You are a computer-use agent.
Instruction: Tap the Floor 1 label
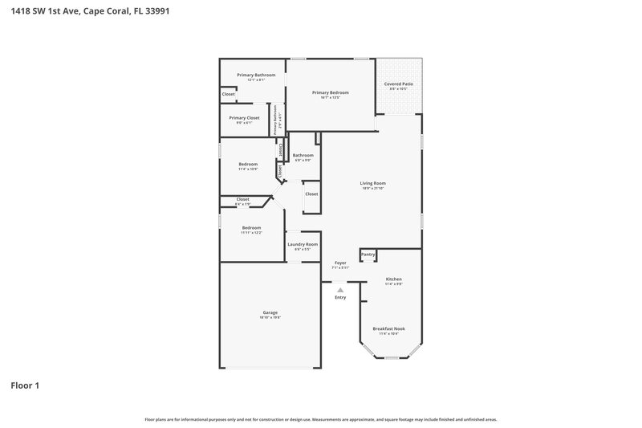pos(25,385)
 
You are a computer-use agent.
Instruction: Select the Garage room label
pos(270,312)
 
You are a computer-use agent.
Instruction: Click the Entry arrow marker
pos(340,290)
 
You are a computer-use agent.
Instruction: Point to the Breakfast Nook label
pos(388,328)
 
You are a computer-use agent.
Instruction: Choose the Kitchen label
pos(393,279)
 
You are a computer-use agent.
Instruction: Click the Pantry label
pos(368,255)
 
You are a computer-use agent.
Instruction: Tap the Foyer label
pos(340,263)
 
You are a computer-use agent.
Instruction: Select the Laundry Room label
pos(303,244)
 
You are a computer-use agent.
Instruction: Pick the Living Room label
pos(373,184)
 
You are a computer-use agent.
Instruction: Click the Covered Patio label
pos(398,84)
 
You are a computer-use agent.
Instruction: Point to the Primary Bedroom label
pos(331,92)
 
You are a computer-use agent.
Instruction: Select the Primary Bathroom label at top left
pos(256,75)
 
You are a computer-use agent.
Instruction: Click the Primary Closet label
pos(244,118)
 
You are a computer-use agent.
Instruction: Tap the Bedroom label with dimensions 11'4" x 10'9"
pos(248,165)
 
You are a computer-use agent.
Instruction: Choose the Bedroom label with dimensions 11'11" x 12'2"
pos(251,228)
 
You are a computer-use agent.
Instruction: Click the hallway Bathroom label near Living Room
pos(303,155)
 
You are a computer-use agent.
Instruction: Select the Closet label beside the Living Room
pos(311,194)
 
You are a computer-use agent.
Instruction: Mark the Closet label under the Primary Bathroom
pos(229,94)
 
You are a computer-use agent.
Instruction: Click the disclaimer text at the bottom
pos(321,419)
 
